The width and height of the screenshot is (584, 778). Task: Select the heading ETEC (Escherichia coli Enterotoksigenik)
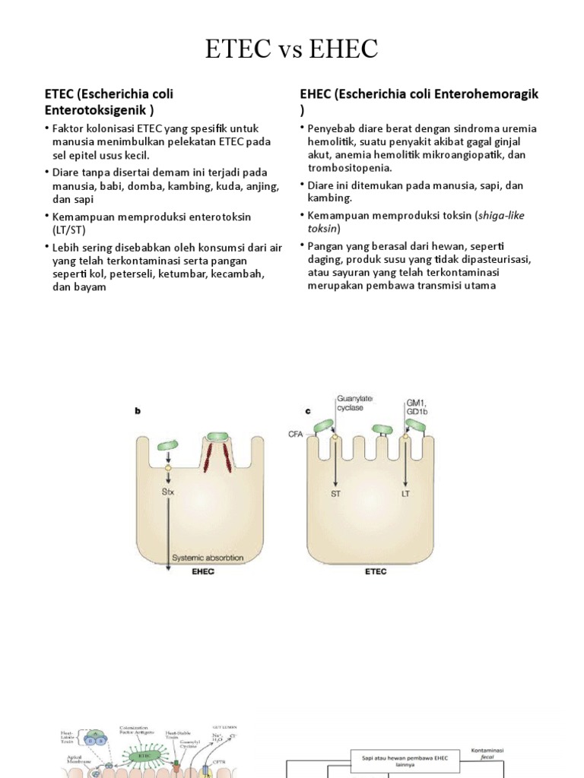pos(109,102)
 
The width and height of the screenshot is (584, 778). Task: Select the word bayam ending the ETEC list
pos(90,288)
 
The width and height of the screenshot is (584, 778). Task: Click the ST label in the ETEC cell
pos(335,492)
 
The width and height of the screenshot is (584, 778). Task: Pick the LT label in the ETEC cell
pos(407,492)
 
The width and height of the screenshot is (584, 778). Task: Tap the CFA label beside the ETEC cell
pos(295,434)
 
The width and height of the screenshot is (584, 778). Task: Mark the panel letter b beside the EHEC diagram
pos(138,411)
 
